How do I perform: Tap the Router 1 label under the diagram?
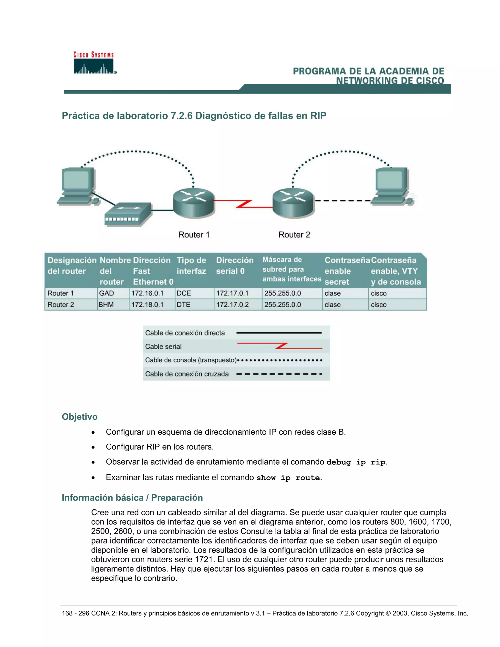(x=194, y=235)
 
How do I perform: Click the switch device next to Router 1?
(x=128, y=214)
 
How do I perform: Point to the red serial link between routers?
(x=243, y=204)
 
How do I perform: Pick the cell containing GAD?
(x=106, y=293)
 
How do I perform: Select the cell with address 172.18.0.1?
(x=147, y=304)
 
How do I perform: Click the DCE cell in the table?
(x=184, y=293)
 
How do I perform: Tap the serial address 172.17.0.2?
(x=232, y=304)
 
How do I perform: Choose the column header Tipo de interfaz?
(x=191, y=266)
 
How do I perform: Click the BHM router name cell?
(x=106, y=304)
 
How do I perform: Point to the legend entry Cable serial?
(x=163, y=346)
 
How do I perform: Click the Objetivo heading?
(x=79, y=417)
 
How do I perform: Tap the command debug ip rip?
(x=356, y=462)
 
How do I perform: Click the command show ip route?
(x=288, y=478)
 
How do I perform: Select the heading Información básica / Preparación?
(x=132, y=497)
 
